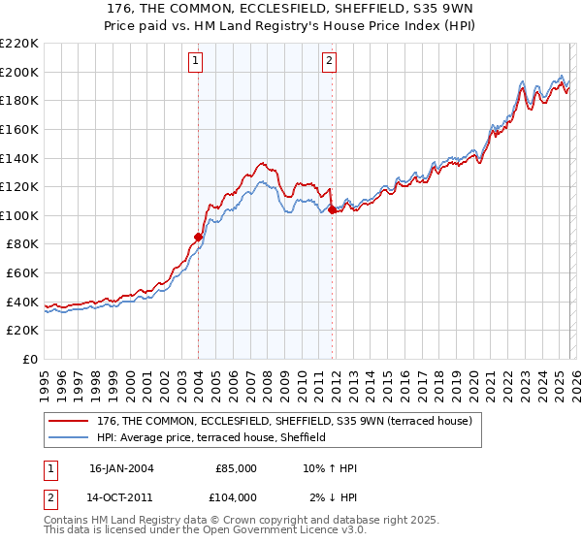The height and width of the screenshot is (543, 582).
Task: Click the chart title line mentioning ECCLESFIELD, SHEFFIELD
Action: tap(290, 8)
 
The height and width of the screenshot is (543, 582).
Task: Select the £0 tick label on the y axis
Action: tap(30, 359)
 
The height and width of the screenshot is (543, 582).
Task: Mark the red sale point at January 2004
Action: tap(198, 236)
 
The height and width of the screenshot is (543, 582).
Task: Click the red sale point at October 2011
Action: tap(332, 209)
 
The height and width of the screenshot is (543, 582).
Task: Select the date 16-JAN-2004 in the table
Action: tap(121, 468)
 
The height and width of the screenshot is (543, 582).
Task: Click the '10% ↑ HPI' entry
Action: tap(330, 468)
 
